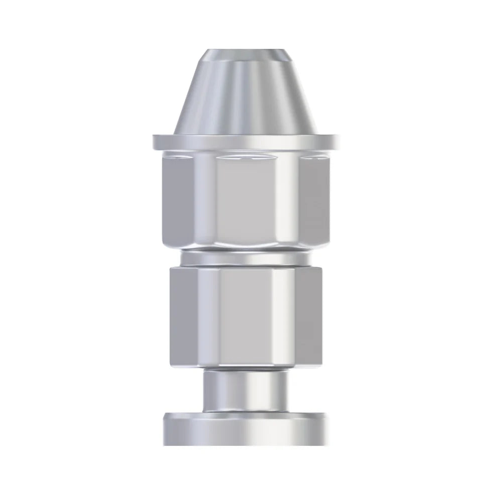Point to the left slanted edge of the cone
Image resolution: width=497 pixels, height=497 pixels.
pos(186,95)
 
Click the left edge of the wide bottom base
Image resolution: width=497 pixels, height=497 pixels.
pos(165,429)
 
